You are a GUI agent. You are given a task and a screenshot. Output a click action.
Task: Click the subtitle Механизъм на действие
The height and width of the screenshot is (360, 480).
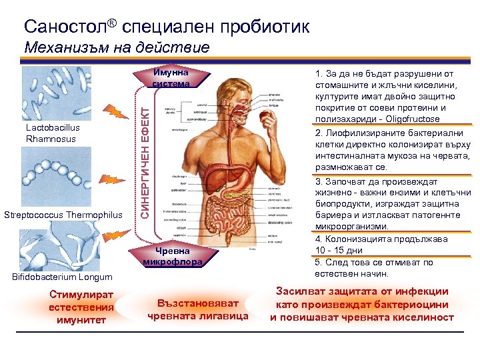[117, 48]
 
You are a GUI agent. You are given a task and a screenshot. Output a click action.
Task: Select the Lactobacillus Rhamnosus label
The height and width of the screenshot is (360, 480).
[51, 133]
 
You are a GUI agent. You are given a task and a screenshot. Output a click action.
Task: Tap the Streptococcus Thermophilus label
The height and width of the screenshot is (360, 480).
[63, 215]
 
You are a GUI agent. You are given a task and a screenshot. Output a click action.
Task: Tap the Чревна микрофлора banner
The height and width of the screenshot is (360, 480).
[172, 256]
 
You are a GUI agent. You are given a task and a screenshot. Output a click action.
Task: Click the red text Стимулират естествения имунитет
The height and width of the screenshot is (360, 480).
[81, 307]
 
